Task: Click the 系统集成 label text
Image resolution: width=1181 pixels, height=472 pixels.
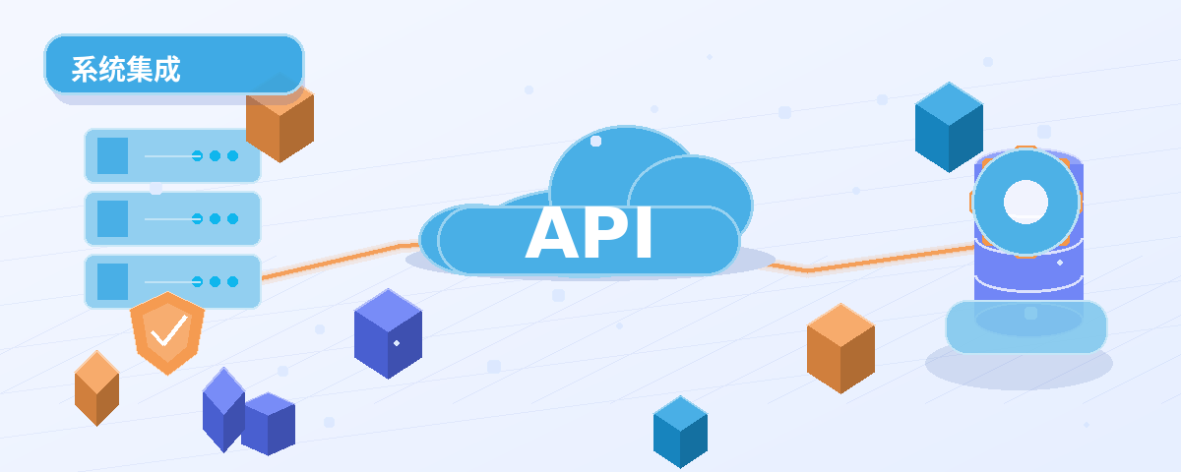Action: (x=126, y=69)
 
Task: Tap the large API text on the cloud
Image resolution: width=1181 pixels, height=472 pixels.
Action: (x=589, y=233)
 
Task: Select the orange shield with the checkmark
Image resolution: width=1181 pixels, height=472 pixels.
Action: (x=167, y=333)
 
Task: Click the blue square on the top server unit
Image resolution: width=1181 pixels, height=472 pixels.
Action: (x=113, y=156)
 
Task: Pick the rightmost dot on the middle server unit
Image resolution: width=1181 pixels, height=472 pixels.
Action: (x=232, y=218)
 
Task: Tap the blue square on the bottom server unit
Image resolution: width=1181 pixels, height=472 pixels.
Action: (x=113, y=282)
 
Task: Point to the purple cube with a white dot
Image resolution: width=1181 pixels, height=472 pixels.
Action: (x=388, y=333)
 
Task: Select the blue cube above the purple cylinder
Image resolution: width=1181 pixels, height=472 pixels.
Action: (x=949, y=127)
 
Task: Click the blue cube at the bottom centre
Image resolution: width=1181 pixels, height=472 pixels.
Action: (x=680, y=432)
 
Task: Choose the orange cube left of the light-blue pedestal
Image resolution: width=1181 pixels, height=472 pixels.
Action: (x=840, y=348)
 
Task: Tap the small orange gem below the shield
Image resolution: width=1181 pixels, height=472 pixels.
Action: (x=97, y=388)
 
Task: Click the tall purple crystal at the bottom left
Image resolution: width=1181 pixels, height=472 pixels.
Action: (x=223, y=410)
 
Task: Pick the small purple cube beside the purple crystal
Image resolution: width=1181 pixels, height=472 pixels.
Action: (x=269, y=424)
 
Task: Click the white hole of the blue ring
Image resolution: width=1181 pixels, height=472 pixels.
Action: (x=1026, y=202)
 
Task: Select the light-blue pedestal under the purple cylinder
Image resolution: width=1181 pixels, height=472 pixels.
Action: (x=1026, y=326)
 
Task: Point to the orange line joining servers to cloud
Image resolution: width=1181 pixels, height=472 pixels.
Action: (x=341, y=261)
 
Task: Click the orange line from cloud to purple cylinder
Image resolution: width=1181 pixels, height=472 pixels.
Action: (x=870, y=260)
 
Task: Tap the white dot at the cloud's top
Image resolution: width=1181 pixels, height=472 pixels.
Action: (x=595, y=141)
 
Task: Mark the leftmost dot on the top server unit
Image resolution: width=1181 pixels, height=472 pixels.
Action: (x=197, y=156)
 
